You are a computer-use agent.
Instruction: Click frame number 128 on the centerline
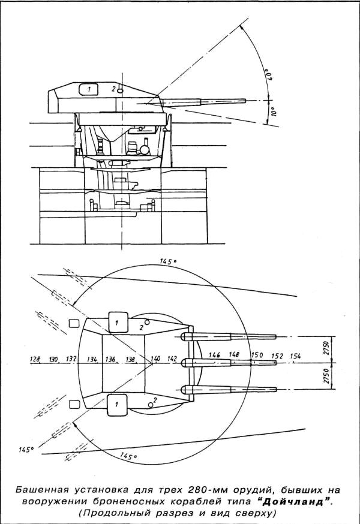click(x=35, y=359)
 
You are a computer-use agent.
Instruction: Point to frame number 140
click(x=156, y=359)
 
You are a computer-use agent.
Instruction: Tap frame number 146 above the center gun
click(x=214, y=355)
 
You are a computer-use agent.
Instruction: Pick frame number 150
click(x=257, y=355)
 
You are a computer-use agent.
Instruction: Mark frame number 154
click(x=295, y=356)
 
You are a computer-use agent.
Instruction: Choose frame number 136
click(x=110, y=359)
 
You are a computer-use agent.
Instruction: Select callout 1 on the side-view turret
click(x=89, y=89)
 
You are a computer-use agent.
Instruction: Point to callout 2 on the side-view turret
click(x=114, y=89)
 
